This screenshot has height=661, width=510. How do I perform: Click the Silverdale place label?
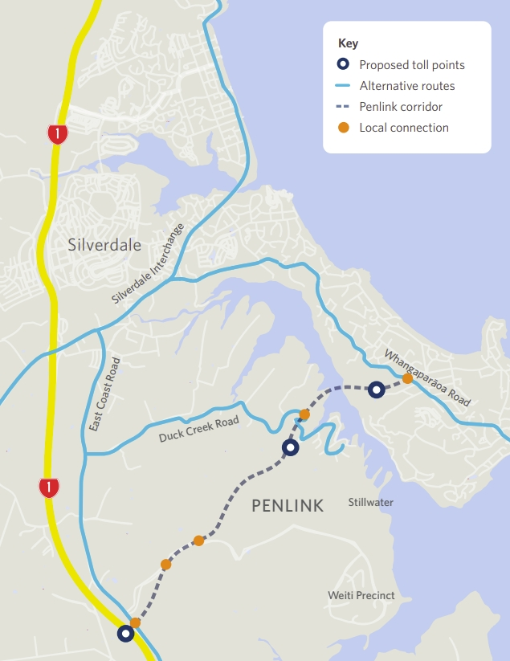(104, 244)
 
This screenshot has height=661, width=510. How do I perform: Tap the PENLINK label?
(288, 505)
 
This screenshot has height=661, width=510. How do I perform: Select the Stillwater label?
(371, 503)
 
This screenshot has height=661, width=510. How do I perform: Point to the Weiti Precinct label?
(361, 595)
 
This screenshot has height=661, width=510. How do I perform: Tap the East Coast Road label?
(105, 394)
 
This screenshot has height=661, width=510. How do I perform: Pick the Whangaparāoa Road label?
(427, 377)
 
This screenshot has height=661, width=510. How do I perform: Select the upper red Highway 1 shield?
(57, 134)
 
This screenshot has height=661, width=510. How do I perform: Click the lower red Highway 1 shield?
(50, 486)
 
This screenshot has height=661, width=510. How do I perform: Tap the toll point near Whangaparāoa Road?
(377, 390)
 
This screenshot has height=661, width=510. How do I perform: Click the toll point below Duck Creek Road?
(291, 447)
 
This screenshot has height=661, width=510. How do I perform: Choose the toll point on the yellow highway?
(125, 634)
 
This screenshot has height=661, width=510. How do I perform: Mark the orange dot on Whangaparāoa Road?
(408, 378)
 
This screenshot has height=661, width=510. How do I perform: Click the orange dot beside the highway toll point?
(135, 622)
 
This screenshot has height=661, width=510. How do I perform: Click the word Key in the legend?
(348, 43)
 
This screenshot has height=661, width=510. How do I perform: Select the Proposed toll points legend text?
(412, 65)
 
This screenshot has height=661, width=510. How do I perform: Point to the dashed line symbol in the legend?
(343, 107)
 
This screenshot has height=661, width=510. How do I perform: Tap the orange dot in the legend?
(343, 128)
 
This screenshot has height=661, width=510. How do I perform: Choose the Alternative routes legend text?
(407, 86)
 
